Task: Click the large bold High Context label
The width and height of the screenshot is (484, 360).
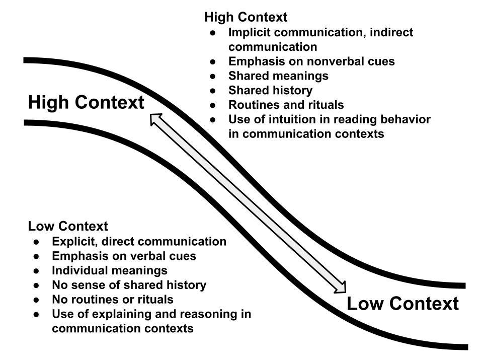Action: coord(86,103)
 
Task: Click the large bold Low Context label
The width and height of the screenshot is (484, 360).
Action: coord(402,304)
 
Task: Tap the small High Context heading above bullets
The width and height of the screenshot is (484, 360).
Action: coord(246,17)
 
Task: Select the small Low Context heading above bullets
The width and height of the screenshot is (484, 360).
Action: coord(68,227)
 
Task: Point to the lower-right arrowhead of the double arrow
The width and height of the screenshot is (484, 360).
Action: coord(342,287)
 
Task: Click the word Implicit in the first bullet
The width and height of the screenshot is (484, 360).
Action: coord(248,33)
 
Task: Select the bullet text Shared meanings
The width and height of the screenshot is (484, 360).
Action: coord(278,76)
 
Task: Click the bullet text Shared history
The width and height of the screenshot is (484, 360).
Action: coord(270,91)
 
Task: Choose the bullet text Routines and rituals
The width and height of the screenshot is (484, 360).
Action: coord(286,105)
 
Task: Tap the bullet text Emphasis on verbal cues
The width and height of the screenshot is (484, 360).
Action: coord(124,256)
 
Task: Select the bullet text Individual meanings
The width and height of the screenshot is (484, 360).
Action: coord(110,270)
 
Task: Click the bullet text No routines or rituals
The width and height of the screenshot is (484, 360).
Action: coord(113,300)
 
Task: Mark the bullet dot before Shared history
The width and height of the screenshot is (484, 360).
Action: coord(214,91)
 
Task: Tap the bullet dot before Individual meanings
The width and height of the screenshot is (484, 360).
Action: coord(37,270)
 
